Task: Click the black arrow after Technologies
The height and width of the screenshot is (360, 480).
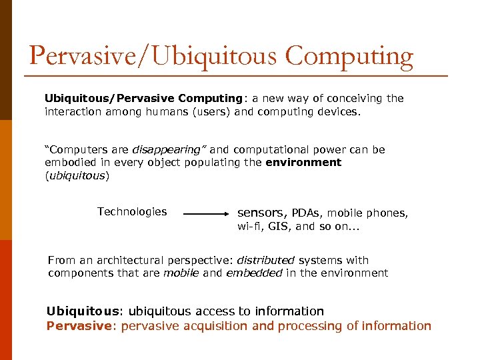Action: [205, 214]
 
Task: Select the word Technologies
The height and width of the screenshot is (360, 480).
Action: [132, 211]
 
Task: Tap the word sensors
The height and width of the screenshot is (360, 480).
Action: [261, 213]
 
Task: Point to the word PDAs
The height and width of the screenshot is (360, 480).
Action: [306, 213]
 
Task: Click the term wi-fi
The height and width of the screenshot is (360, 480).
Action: [249, 227]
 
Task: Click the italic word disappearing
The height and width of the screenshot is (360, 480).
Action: [168, 150]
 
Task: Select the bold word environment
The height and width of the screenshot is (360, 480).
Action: [303, 162]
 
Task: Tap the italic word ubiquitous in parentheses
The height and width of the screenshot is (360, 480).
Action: [77, 176]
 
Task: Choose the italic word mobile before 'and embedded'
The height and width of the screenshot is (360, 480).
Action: [181, 273]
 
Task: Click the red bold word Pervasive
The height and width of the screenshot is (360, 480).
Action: [75, 326]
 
